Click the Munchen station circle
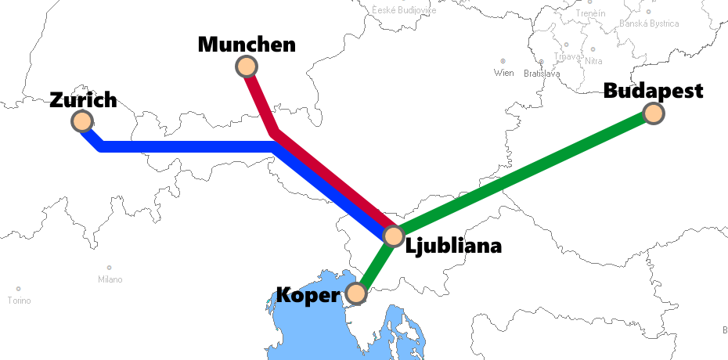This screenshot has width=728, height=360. click(247, 67)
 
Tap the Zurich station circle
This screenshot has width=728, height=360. click(81, 121)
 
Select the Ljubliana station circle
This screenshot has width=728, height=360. click(393, 235)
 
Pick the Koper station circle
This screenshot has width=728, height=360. click(356, 293)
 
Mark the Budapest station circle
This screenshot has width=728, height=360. click(654, 113)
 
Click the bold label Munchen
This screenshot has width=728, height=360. click(247, 44)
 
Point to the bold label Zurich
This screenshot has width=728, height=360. click(83, 99)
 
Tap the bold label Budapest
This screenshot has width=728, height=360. click(654, 91)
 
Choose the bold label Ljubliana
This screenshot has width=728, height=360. click(453, 246)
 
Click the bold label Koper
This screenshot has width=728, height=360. click(309, 295)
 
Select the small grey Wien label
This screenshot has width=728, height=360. click(503, 73)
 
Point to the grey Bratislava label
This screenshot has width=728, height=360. click(542, 74)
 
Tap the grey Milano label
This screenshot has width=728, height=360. click(110, 279)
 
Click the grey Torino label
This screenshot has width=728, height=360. click(19, 301)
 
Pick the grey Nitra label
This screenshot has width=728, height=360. click(593, 61)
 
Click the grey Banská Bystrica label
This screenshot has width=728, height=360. click(649, 23)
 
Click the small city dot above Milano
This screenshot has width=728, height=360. click(109, 268)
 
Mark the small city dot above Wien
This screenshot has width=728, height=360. click(503, 61)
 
